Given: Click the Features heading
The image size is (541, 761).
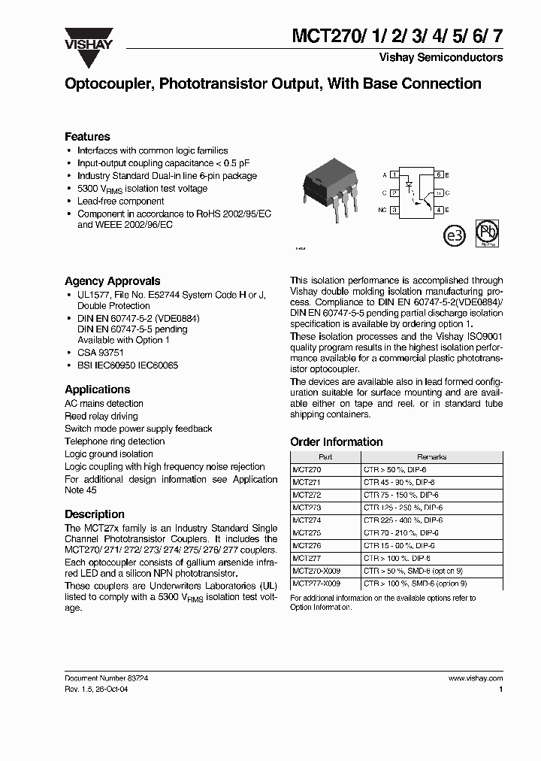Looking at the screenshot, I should pyautogui.click(x=87, y=137).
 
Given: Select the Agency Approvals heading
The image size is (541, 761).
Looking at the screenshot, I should pyautogui.click(x=112, y=281).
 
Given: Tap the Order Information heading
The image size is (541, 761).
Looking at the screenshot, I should pyautogui.click(x=336, y=442).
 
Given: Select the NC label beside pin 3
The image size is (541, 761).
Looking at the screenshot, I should pyautogui.click(x=382, y=211).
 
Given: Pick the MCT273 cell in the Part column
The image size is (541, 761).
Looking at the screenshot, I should pyautogui.click(x=306, y=508).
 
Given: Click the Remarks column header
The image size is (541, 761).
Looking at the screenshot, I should pyautogui.click(x=431, y=456).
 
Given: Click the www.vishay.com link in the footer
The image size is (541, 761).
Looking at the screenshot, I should pyautogui.click(x=475, y=678).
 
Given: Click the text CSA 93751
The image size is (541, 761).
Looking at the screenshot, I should pyautogui.click(x=104, y=353).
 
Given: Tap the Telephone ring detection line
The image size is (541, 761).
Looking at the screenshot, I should pyautogui.click(x=114, y=441).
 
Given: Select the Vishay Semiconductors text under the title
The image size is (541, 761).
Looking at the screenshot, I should pyautogui.click(x=452, y=58).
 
